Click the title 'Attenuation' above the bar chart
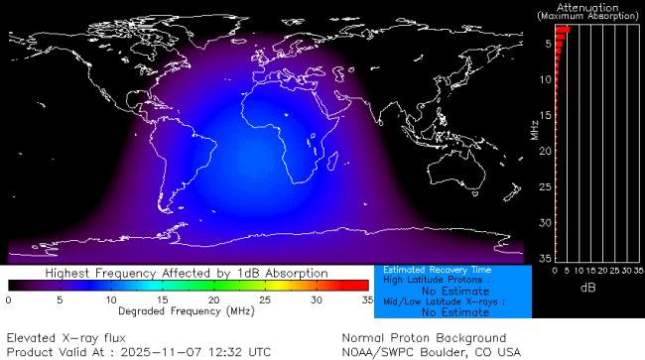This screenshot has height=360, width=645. pos(589,8)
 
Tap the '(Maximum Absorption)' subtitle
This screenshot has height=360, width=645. pos(589,17)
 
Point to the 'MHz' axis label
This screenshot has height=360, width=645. pos(534,129)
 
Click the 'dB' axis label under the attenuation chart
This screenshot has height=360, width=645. pos(587,287)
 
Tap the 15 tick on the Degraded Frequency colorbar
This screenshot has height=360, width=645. pos(162,300)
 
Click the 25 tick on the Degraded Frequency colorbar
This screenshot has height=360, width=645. pos(265,300)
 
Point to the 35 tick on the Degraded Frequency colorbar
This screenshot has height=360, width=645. pos(365,300)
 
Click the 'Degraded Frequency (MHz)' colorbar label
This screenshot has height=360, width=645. pos(187,311)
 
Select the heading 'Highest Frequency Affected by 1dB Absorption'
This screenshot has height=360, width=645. pos(189,273)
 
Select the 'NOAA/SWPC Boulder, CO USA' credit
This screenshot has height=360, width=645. pos(431,351)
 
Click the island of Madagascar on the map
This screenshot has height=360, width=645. pos(336,164)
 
